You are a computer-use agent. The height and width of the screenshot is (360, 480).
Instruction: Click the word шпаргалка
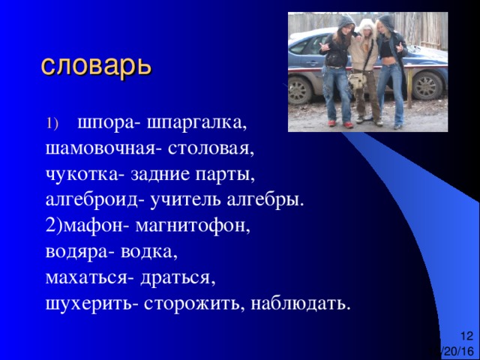click(196, 123)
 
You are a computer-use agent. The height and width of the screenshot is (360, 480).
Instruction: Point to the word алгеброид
click(95, 200)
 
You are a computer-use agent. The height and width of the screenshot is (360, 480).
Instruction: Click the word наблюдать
click(301, 303)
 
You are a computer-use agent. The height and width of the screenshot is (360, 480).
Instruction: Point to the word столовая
click(211, 149)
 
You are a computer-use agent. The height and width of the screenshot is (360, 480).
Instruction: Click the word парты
click(225, 175)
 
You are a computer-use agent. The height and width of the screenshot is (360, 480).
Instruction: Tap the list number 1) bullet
click(52, 124)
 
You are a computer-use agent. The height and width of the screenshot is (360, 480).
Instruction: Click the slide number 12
click(466, 336)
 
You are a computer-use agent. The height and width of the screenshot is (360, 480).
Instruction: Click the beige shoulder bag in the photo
click(357, 82)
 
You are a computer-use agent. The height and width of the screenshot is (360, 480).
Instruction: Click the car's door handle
click(313, 64)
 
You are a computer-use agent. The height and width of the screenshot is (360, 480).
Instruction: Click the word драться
click(178, 278)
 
